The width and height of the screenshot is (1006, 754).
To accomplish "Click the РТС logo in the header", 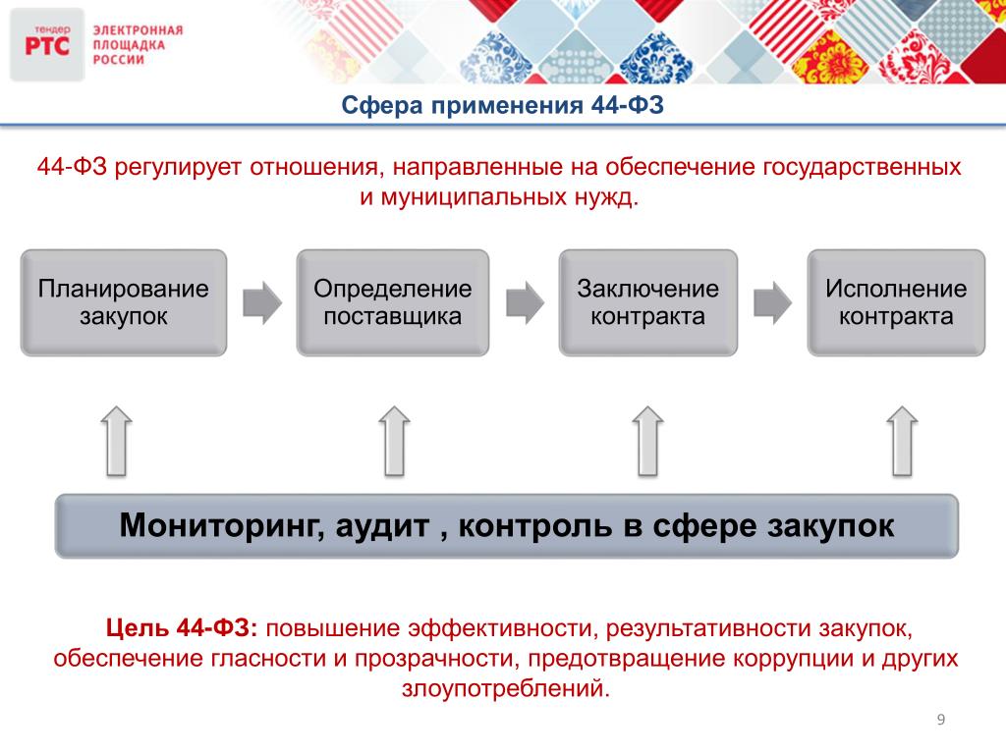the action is [x=47, y=44].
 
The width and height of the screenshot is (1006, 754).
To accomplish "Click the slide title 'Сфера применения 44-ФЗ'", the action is [x=502, y=105].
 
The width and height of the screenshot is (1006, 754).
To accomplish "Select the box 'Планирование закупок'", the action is [x=124, y=302].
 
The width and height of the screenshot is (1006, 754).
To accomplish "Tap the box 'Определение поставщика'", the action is [x=393, y=302].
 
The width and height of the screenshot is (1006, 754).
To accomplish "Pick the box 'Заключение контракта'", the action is [x=648, y=302].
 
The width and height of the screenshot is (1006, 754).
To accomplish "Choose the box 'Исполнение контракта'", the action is [x=896, y=302].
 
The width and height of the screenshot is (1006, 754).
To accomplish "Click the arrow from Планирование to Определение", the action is [x=262, y=302].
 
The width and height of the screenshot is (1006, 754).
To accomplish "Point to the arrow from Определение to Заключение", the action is [x=525, y=302].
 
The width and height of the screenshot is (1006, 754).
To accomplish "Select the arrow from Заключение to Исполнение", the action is [x=772, y=302].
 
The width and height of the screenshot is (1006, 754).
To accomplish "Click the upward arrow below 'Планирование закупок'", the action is [x=117, y=441].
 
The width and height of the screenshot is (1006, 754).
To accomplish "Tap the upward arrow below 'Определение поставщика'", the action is [x=394, y=441].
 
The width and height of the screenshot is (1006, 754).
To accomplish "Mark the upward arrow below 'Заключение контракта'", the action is [x=648, y=441].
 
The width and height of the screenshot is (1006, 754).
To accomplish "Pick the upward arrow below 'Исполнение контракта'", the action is [x=902, y=441].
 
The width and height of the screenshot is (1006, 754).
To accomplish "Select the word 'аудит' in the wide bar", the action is [x=382, y=526].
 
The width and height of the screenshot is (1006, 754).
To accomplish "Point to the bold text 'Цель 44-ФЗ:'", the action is [x=182, y=627].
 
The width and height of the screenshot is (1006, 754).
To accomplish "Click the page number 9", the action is [x=941, y=720].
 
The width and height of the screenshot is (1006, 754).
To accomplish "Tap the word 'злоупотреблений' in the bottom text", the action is [x=506, y=688].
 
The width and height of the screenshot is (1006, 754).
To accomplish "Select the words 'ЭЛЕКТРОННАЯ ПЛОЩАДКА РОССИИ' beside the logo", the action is [x=138, y=45].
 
